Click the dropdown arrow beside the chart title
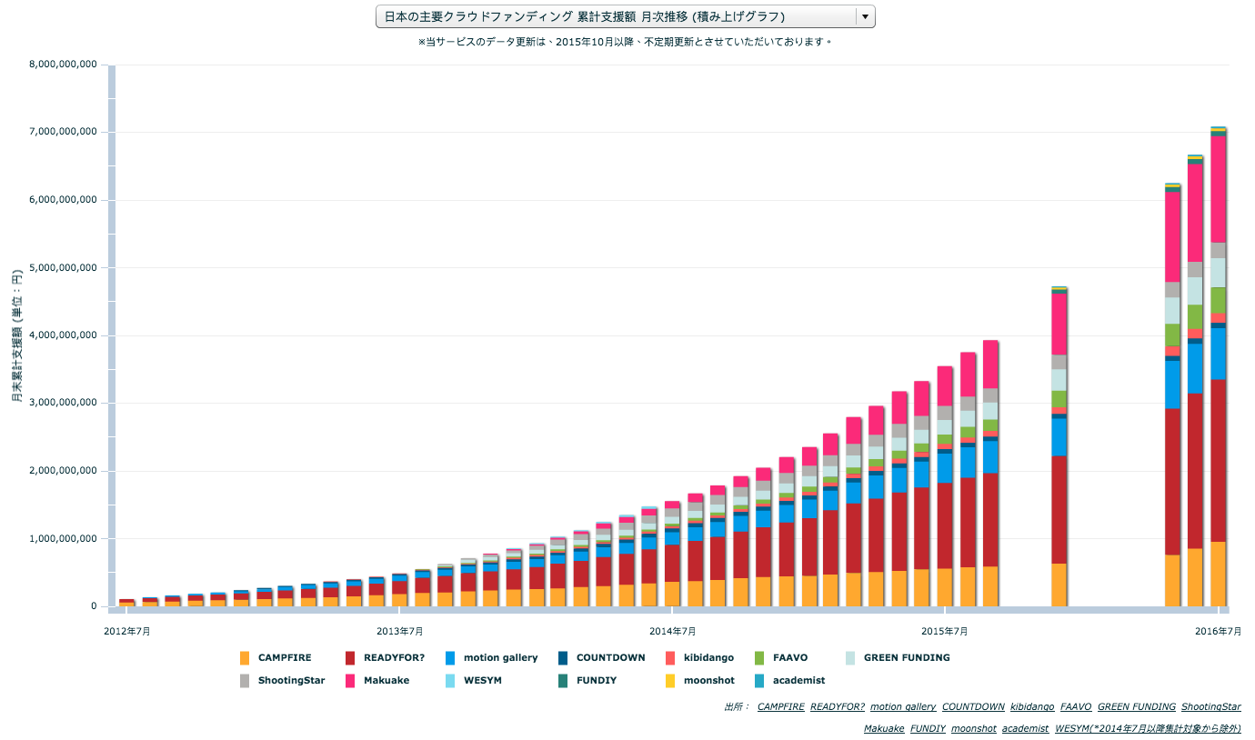pyautogui.click(x=865, y=16)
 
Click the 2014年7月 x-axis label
pyautogui.click(x=672, y=631)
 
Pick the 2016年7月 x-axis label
pyautogui.click(x=1218, y=631)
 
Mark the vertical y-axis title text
pyautogui.click(x=17, y=335)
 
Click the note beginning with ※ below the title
pyautogui.click(x=625, y=42)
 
